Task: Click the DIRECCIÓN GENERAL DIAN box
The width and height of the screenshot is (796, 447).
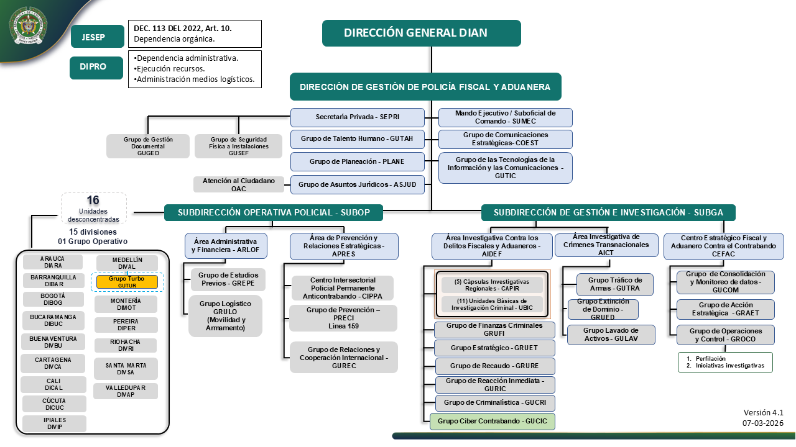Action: (x=421, y=33)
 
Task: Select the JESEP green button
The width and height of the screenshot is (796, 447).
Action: (x=96, y=37)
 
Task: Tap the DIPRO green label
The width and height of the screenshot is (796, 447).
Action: (x=96, y=67)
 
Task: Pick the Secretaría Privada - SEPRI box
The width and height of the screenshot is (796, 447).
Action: (x=358, y=117)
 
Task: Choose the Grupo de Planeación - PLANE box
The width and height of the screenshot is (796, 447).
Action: (x=358, y=161)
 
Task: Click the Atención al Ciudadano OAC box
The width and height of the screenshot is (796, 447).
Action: (x=239, y=184)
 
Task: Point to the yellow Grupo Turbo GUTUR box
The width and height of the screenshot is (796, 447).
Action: (x=127, y=282)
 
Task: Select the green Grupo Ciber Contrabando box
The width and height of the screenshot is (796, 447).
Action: (x=493, y=421)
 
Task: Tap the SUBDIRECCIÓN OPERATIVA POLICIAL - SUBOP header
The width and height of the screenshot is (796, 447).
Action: (x=274, y=212)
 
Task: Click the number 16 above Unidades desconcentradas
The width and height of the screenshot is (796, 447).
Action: (x=93, y=201)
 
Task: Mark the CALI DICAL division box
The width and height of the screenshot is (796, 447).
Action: (x=53, y=384)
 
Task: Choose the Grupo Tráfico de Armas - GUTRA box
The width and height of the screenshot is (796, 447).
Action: (x=614, y=284)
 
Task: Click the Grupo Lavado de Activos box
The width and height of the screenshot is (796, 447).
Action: (x=611, y=335)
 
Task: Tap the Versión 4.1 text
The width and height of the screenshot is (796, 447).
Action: (x=763, y=412)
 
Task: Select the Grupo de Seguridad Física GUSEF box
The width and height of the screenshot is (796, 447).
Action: (x=239, y=146)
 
